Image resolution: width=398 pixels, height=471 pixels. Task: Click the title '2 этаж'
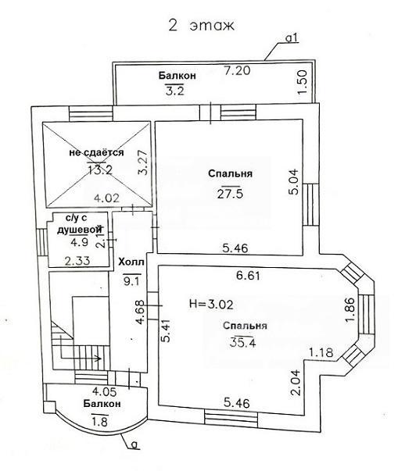(201, 26)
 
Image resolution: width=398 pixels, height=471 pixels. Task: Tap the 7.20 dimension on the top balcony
(237, 70)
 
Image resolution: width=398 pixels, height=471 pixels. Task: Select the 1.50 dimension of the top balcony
(302, 82)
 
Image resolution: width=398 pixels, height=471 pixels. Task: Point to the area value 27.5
(230, 194)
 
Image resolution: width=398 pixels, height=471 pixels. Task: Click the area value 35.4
(243, 342)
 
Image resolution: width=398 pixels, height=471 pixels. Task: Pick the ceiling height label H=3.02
(211, 305)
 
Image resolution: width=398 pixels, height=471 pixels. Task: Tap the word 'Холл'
(131, 262)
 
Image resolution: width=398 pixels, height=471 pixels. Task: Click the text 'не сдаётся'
(96, 152)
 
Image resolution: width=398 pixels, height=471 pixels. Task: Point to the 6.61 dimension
(248, 276)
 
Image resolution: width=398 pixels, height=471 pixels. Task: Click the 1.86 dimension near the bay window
(351, 310)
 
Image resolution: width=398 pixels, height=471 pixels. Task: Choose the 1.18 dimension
(321, 352)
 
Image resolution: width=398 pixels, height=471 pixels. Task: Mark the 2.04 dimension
(295, 382)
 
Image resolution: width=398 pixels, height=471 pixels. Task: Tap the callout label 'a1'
(292, 37)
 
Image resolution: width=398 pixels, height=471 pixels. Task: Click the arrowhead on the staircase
(98, 358)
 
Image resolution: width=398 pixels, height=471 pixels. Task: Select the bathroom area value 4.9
(79, 242)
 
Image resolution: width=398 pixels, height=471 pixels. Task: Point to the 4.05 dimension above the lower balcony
(104, 391)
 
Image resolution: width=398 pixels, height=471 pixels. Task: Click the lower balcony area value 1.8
(99, 422)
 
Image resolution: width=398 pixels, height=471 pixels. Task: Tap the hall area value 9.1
(131, 281)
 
